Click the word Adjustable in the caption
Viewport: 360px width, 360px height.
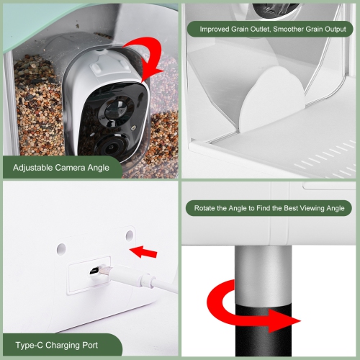pos(37,168)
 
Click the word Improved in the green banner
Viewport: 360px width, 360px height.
pos(213,30)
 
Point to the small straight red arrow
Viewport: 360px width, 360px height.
pos(145,251)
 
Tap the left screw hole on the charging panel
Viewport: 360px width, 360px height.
pos(61,248)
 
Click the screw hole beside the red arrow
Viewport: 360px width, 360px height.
pos(130,235)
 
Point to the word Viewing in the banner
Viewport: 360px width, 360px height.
pos(307,209)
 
